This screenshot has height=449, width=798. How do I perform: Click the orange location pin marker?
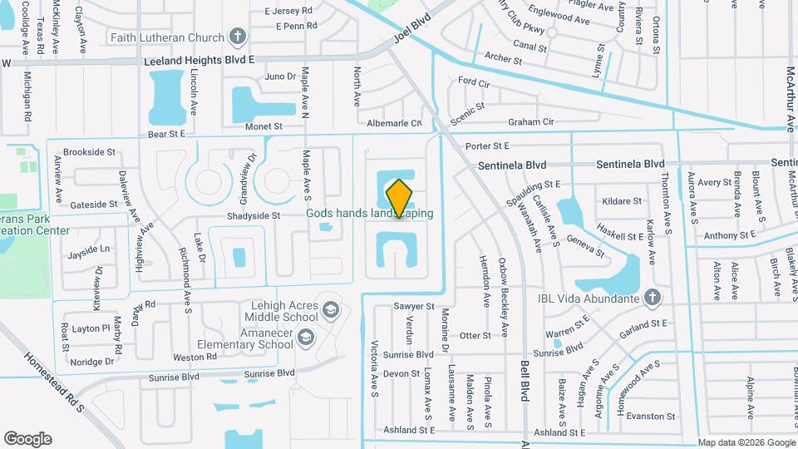[400, 198]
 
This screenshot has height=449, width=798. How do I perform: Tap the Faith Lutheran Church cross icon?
[239, 37]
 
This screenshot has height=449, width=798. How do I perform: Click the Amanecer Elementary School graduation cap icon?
[306, 337]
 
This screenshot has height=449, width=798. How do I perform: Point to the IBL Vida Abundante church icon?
[653, 298]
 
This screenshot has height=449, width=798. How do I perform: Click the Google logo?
[27, 439]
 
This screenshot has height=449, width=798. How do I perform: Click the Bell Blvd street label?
[525, 382]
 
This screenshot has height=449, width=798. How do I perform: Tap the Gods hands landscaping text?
[370, 214]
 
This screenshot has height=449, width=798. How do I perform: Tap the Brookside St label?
[89, 152]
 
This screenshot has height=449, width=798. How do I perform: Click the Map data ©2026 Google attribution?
[746, 442]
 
